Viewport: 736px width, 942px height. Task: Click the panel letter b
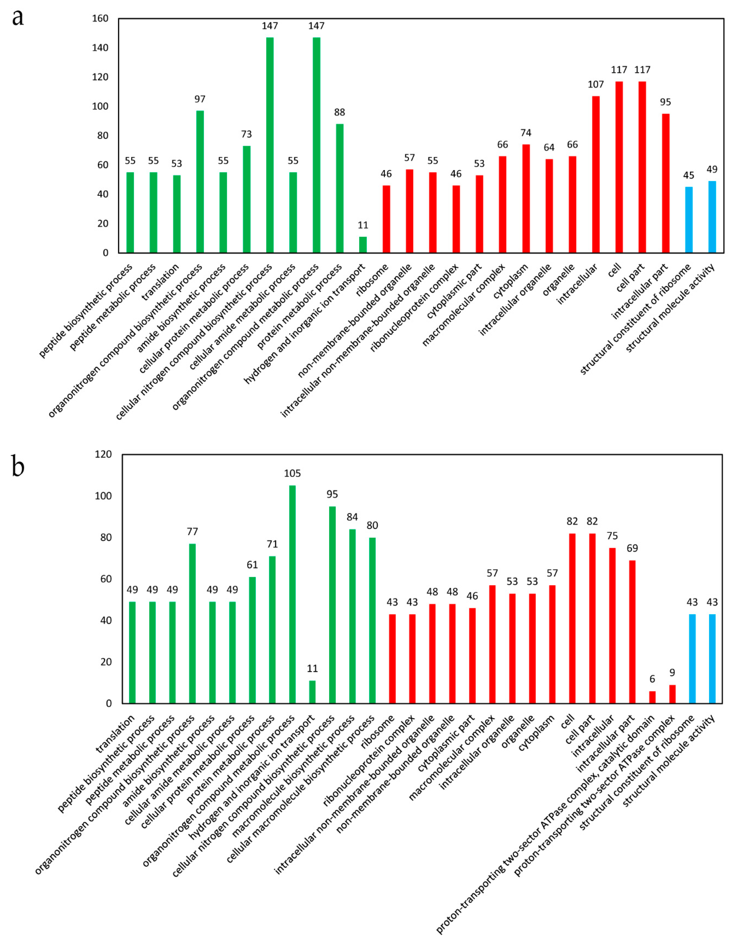pyautogui.click(x=18, y=467)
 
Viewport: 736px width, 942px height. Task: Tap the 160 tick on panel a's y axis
pyautogui.click(x=100, y=18)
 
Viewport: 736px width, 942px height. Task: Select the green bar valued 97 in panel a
pyautogui.click(x=200, y=181)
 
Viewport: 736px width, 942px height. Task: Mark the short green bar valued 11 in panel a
pyautogui.click(x=363, y=245)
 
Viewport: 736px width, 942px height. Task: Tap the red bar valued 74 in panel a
pyautogui.click(x=526, y=198)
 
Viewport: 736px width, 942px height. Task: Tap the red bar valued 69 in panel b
pyautogui.click(x=632, y=632)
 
